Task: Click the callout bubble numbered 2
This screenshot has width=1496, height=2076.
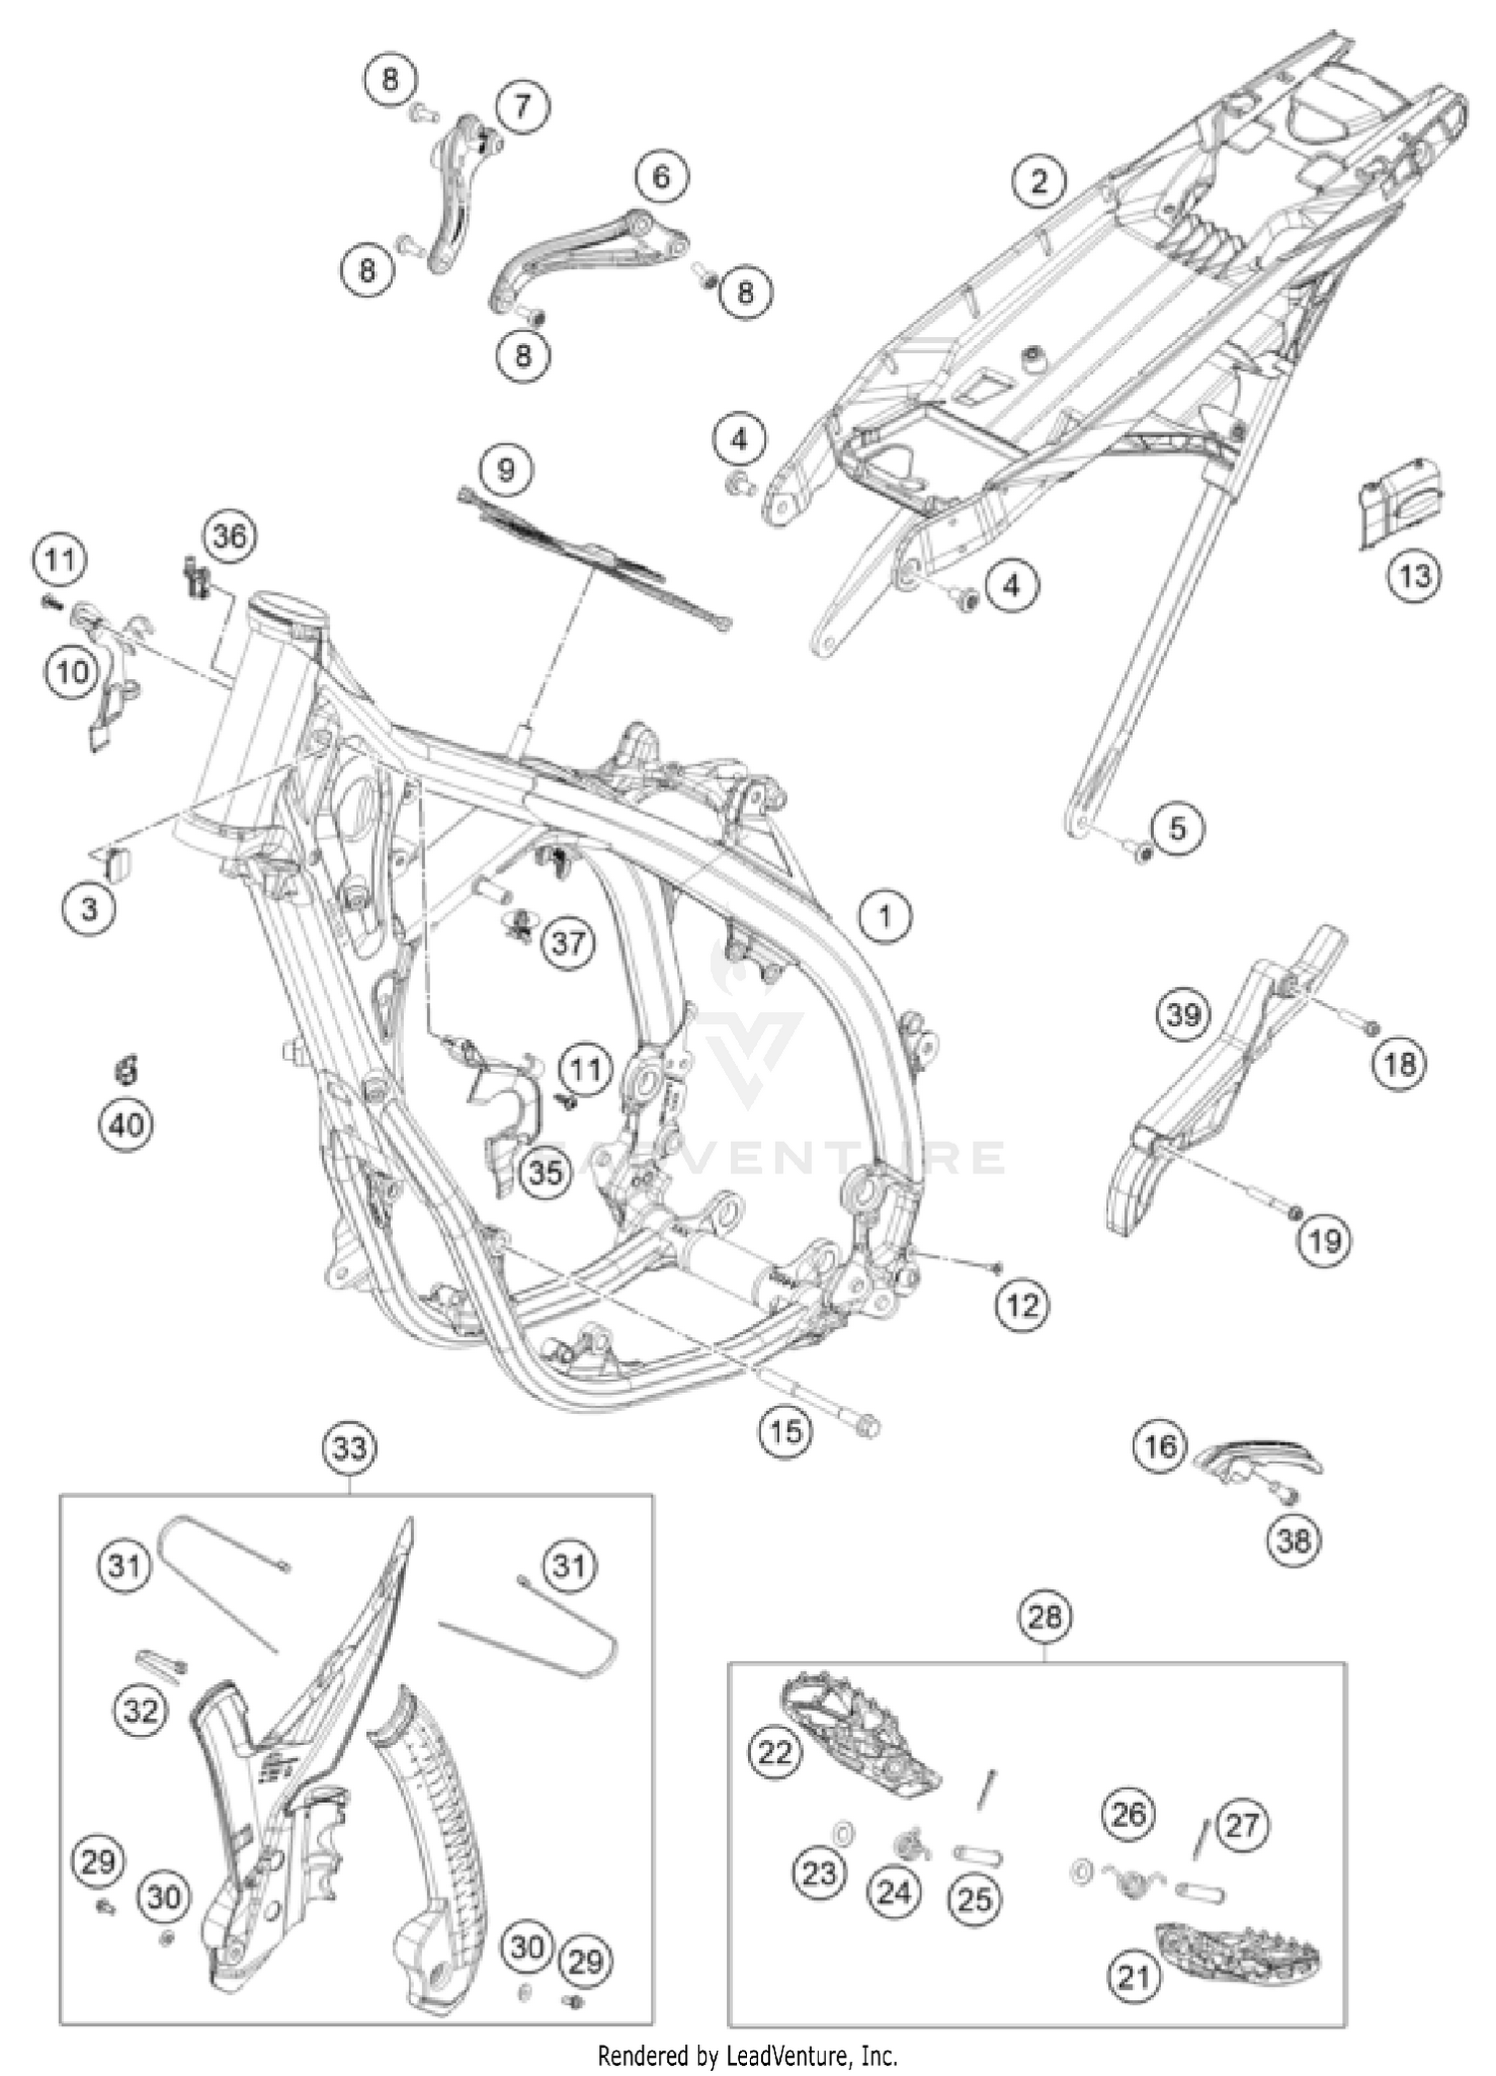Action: (x=1039, y=181)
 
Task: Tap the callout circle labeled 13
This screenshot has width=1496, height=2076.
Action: (x=1414, y=575)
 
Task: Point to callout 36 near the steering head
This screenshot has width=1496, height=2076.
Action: (x=229, y=535)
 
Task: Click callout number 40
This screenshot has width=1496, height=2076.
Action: (x=127, y=1125)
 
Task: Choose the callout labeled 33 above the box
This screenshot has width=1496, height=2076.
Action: (x=350, y=1447)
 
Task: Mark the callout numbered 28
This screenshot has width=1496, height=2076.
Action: (x=1044, y=1616)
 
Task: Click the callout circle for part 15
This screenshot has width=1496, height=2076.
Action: (x=785, y=1432)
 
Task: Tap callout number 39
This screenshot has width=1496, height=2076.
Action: (x=1183, y=1015)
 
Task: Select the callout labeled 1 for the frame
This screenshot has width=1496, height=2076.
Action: (x=885, y=914)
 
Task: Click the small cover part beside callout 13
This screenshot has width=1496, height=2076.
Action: (x=1401, y=502)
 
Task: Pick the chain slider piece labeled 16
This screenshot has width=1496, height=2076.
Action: (x=1260, y=1457)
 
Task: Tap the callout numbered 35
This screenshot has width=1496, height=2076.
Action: (x=545, y=1172)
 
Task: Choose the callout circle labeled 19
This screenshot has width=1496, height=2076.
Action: (x=1324, y=1240)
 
